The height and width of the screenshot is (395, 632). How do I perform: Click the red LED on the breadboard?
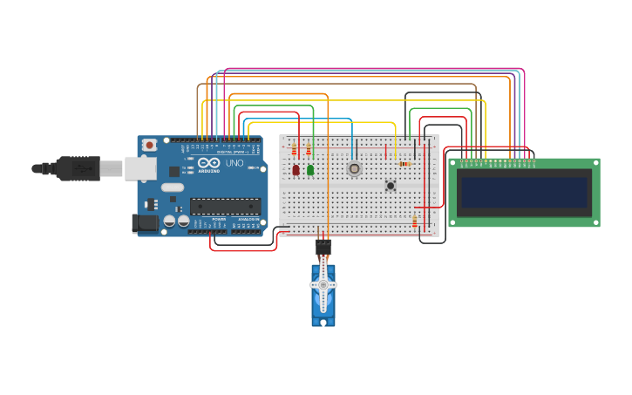point(296,170)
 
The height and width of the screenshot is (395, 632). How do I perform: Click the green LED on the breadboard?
point(310,170)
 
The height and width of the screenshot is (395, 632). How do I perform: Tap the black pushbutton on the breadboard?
point(391,185)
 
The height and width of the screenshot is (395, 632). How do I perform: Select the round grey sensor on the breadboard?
point(354,168)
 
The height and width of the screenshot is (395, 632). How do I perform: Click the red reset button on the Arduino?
point(149,145)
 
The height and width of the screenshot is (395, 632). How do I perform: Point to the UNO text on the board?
point(234,163)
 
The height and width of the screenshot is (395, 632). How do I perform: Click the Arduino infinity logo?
point(209,163)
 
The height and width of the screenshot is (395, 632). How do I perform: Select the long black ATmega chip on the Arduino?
point(225,207)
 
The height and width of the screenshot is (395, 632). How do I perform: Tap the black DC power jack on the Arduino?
point(145,223)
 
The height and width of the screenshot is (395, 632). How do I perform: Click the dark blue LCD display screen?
point(524,193)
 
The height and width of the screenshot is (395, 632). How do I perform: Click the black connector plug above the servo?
point(323,247)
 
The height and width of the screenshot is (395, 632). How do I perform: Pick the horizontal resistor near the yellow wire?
point(404,164)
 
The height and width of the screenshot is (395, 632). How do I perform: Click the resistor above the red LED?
point(295,150)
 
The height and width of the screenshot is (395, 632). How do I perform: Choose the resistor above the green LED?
point(309,150)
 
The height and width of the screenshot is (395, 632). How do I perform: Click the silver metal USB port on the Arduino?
point(139,168)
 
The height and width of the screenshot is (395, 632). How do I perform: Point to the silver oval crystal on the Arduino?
point(173,187)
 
